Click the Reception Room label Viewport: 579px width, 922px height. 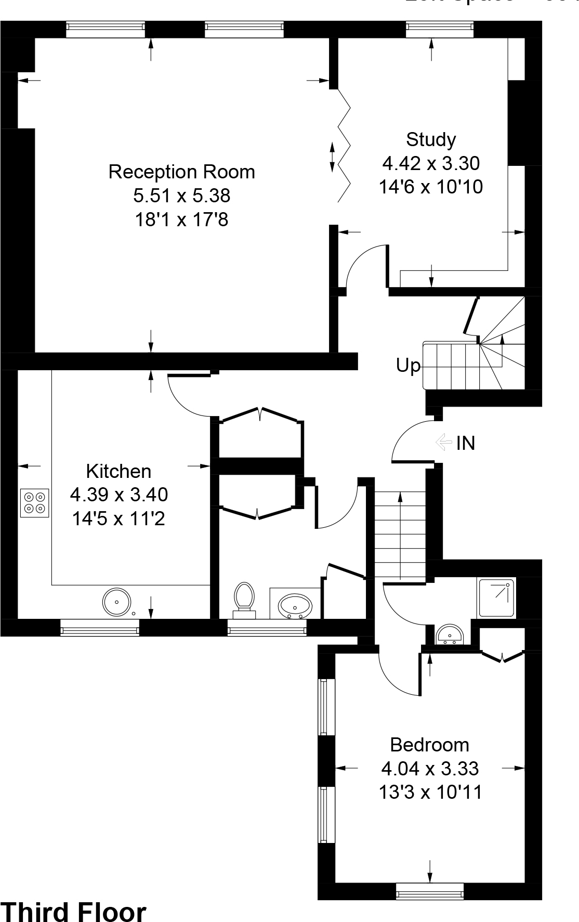[x=181, y=172]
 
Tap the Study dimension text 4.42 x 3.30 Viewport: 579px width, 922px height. [x=430, y=163]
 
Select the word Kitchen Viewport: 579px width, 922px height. [x=119, y=471]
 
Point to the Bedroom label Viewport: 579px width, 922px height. [x=429, y=745]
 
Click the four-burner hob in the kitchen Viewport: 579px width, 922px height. [x=35, y=503]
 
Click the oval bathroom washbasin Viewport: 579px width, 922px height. [x=295, y=606]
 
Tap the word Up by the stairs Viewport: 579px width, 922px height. [x=408, y=366]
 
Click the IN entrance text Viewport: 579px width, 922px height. [x=466, y=444]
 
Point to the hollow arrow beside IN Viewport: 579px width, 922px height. [x=443, y=443]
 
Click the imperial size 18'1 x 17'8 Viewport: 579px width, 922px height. [x=181, y=220]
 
